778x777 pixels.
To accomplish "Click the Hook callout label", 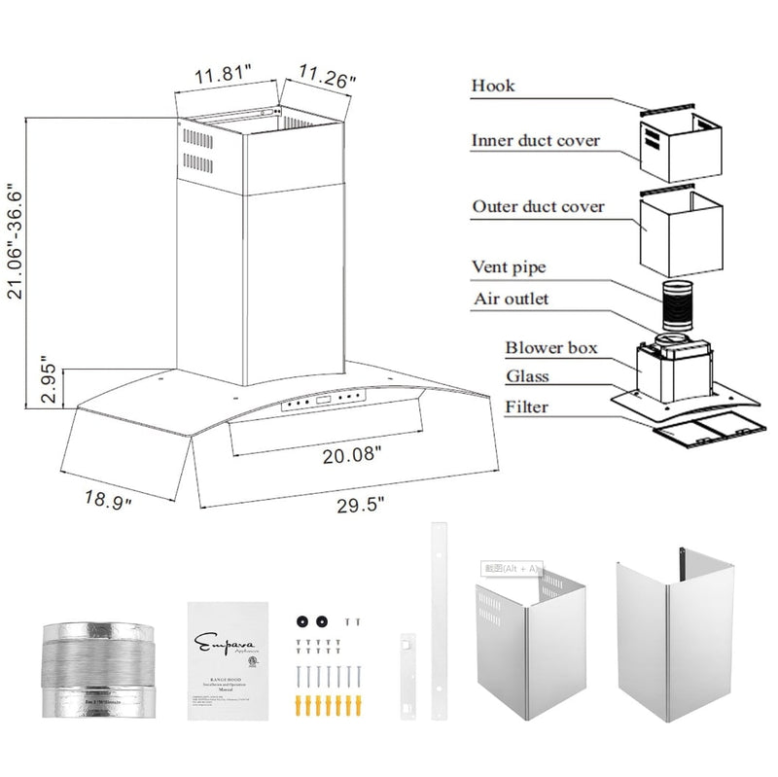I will tap(493, 86).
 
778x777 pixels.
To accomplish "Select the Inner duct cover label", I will tap(536, 141).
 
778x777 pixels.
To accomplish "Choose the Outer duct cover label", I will tap(538, 207).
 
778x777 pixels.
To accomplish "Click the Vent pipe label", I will tap(508, 266).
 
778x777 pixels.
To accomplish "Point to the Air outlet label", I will tap(510, 299).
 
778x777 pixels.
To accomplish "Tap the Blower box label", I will tap(550, 347).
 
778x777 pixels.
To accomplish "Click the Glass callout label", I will tap(526, 376).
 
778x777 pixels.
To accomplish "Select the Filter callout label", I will tap(524, 406).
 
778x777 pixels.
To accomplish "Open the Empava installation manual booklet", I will tap(228, 660).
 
